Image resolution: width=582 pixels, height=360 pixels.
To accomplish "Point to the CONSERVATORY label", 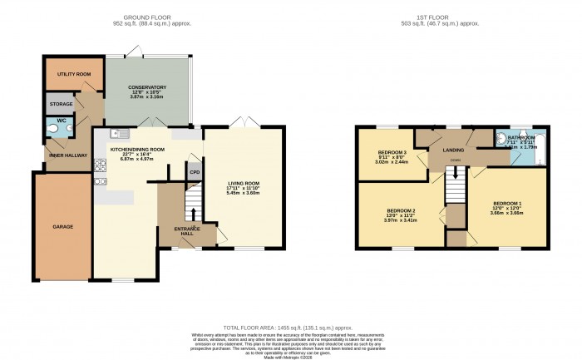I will click(146, 87).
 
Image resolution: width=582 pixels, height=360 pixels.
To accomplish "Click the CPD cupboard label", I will click(194, 174).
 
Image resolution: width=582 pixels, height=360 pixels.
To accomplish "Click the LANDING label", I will click(453, 150).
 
